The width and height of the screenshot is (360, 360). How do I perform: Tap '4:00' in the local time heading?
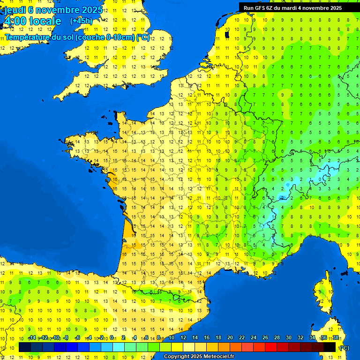point(14,21)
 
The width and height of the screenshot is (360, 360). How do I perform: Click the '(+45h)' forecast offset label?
point(81,21)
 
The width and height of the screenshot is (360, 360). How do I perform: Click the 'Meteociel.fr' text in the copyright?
point(219,357)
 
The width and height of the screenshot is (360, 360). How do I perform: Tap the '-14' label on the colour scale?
point(32,338)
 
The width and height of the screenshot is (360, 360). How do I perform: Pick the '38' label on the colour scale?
point(336,338)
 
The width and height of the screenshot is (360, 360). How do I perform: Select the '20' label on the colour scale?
point(230,338)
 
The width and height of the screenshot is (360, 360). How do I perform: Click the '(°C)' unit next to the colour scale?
point(345,348)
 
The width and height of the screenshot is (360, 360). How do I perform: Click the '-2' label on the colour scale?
point(100,338)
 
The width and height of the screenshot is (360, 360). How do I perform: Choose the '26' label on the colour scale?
point(265,338)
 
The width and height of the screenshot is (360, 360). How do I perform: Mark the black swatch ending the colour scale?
point(330,347)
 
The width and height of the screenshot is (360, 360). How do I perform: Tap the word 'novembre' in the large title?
point(57,10)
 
